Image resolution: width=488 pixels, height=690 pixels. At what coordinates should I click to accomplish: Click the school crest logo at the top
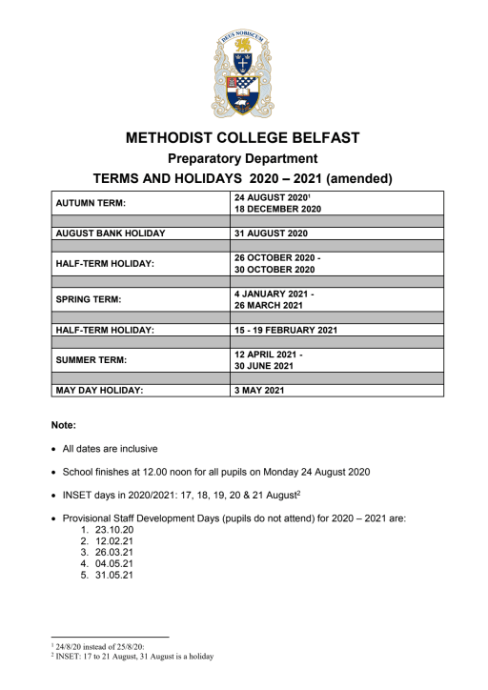[x=243, y=73]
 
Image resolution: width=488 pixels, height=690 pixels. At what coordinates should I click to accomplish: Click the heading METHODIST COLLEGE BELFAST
[x=243, y=138]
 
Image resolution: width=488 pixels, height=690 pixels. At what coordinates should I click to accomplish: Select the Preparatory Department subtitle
[x=243, y=159]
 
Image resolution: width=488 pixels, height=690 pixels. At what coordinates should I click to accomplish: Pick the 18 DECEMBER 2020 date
[x=277, y=208]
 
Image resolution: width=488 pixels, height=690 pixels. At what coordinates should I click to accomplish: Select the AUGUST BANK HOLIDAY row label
[x=111, y=233]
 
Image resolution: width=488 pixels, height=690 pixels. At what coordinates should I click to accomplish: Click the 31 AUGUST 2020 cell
[x=271, y=233]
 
